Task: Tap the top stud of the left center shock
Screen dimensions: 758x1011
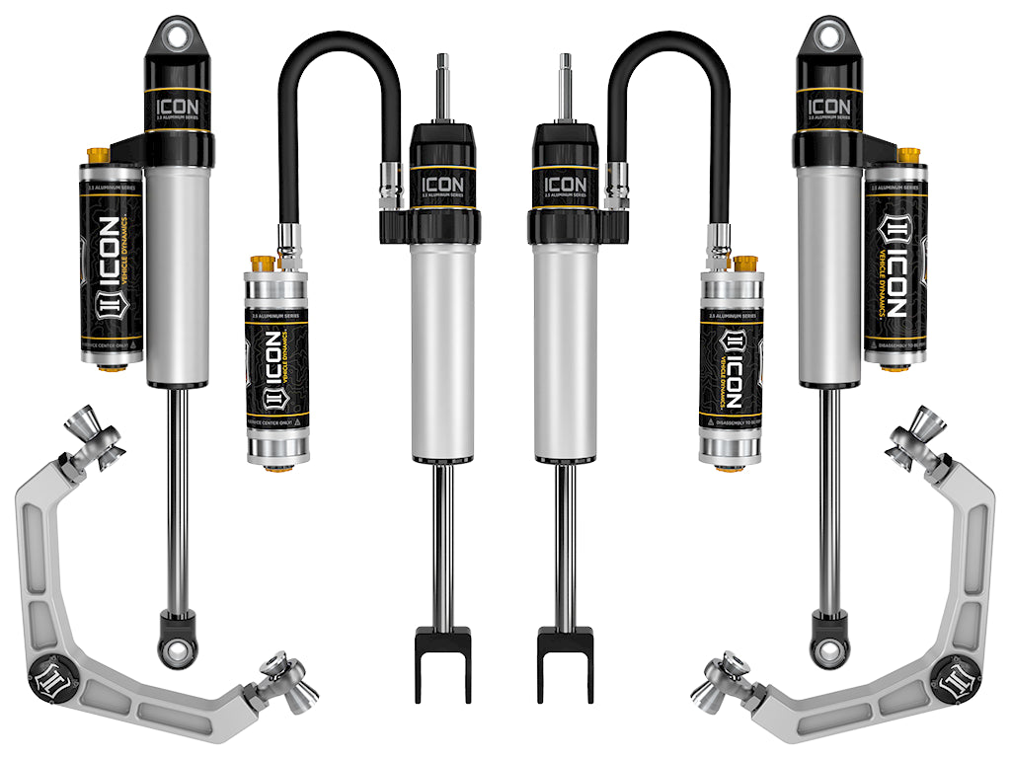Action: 443,84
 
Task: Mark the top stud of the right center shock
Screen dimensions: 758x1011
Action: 567,84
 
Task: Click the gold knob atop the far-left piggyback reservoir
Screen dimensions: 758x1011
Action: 98,155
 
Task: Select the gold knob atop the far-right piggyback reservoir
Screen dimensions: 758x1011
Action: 909,155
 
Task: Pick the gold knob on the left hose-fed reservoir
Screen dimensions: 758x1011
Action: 263,265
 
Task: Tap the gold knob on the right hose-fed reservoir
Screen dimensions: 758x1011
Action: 746,265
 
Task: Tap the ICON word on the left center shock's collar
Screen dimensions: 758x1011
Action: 443,184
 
